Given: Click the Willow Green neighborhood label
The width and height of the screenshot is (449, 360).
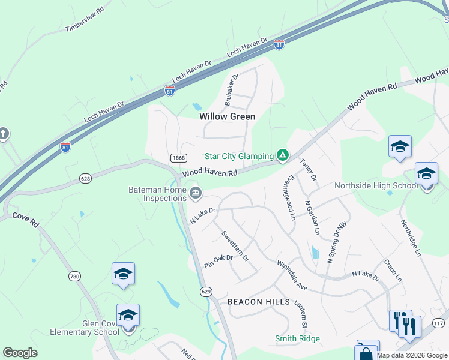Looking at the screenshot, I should (227, 116).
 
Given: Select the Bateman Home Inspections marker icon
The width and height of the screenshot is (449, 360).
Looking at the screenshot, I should (196, 193).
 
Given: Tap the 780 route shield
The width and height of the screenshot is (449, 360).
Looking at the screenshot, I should (74, 277).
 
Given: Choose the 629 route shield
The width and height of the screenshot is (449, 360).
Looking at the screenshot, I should (205, 291).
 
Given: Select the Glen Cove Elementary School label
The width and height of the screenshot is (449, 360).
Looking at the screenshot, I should (101, 328).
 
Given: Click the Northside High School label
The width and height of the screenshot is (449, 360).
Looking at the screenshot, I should (376, 185).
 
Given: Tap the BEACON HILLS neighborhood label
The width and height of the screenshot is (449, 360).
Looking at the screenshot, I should (259, 301).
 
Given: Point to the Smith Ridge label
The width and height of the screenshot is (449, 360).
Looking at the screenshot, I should (297, 338).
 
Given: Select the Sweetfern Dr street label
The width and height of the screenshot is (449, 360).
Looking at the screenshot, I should (235, 246).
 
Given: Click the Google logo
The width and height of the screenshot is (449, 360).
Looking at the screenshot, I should (20, 353).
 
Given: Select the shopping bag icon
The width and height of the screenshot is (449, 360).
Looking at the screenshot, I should (367, 353).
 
